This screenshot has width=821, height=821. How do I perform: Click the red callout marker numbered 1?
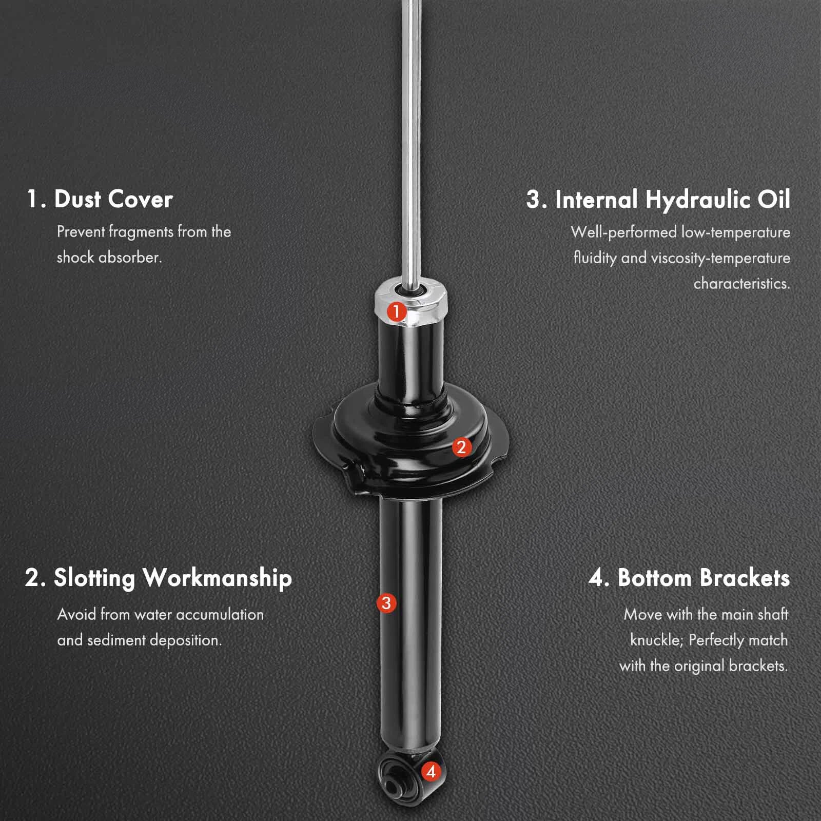(x=397, y=311)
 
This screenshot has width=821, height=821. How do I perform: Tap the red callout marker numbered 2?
(x=461, y=447)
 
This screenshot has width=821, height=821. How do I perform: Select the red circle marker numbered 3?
(x=386, y=603)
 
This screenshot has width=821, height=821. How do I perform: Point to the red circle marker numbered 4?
(x=431, y=771)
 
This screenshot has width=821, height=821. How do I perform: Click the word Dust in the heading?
(x=77, y=199)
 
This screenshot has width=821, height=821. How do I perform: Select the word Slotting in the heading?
(x=94, y=578)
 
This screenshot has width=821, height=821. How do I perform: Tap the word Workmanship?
(x=218, y=578)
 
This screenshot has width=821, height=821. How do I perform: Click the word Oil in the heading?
(x=774, y=199)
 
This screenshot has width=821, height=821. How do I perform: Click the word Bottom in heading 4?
(x=655, y=578)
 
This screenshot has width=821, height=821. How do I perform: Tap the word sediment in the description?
(x=116, y=640)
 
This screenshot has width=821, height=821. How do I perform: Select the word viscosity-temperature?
(x=720, y=258)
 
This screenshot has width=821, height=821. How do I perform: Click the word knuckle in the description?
(x=656, y=640)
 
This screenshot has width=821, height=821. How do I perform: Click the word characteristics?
(x=742, y=284)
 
